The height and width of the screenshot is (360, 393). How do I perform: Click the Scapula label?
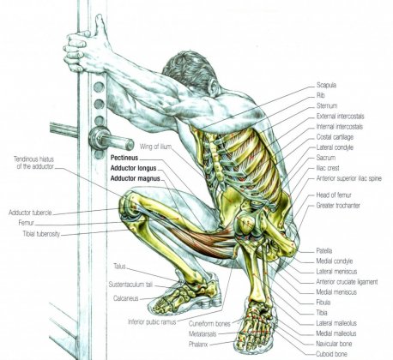[x=326, y=85]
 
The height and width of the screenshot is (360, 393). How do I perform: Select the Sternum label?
[x=327, y=105]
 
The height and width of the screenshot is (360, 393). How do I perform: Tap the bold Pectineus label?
[x=124, y=158]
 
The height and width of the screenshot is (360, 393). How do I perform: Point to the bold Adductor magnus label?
[x=135, y=178]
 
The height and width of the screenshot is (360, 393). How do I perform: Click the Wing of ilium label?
[x=155, y=147]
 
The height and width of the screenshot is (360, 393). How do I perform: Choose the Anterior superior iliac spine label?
[x=348, y=178]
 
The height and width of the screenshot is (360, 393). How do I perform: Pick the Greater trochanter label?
[x=338, y=206]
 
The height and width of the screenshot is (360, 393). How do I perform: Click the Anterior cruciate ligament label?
[x=347, y=282]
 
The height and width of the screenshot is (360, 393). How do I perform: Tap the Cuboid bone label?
[x=331, y=354]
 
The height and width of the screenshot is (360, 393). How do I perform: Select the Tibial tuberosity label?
[x=41, y=234]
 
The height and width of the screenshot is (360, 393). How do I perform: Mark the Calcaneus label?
[x=126, y=298]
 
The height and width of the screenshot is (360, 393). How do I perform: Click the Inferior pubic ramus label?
[x=152, y=321]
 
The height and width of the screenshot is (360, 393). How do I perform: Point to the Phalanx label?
[x=198, y=345]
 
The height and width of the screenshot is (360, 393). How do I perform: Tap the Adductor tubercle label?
[x=30, y=213]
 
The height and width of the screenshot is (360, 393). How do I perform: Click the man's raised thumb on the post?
[x=100, y=27]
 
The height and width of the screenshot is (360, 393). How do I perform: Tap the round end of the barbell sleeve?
[x=130, y=145]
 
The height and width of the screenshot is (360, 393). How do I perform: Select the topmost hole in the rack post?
[x=99, y=87]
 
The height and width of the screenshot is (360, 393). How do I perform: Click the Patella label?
[x=324, y=251]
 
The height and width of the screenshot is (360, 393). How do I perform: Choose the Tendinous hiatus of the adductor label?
[x=34, y=163]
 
